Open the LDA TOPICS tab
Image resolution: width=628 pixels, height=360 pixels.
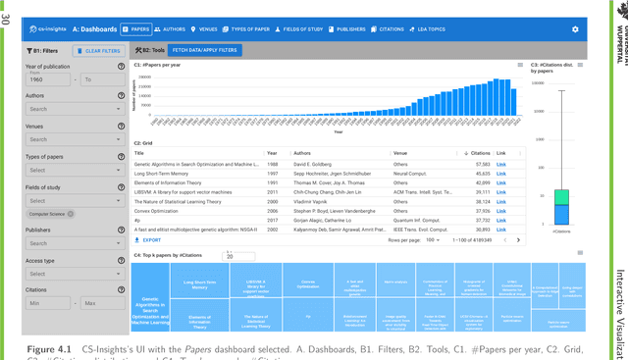tap(450, 29)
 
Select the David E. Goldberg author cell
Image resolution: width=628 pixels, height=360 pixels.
tap(314, 163)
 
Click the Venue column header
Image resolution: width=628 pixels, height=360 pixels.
tap(400, 153)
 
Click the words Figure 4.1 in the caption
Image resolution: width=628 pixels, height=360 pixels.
tap(47, 349)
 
